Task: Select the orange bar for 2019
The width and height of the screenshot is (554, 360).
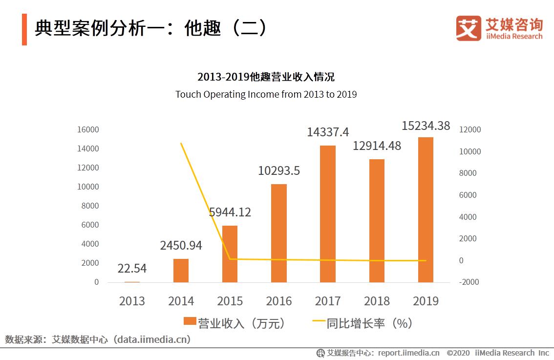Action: click(425, 210)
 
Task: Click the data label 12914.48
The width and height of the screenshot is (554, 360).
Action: click(376, 146)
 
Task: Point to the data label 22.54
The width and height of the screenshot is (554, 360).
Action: click(132, 269)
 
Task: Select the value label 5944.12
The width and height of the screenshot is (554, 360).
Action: click(230, 212)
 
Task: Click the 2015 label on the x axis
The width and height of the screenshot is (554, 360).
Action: click(230, 301)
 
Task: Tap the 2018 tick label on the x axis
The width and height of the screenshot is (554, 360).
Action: click(376, 301)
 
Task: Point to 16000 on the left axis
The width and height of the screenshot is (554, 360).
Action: click(88, 129)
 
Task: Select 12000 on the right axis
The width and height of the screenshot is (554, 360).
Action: click(470, 129)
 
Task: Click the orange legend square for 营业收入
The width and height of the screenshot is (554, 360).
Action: click(190, 321)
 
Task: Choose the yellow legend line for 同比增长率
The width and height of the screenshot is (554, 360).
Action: click(318, 321)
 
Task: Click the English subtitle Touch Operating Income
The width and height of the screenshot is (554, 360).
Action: click(266, 94)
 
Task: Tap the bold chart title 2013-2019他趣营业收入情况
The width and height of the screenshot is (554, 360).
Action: click(266, 77)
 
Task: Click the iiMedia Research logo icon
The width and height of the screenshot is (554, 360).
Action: click(468, 28)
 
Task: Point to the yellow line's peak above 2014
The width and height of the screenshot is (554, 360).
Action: click(181, 143)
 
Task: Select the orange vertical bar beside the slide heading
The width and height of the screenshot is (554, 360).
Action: click(24, 29)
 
